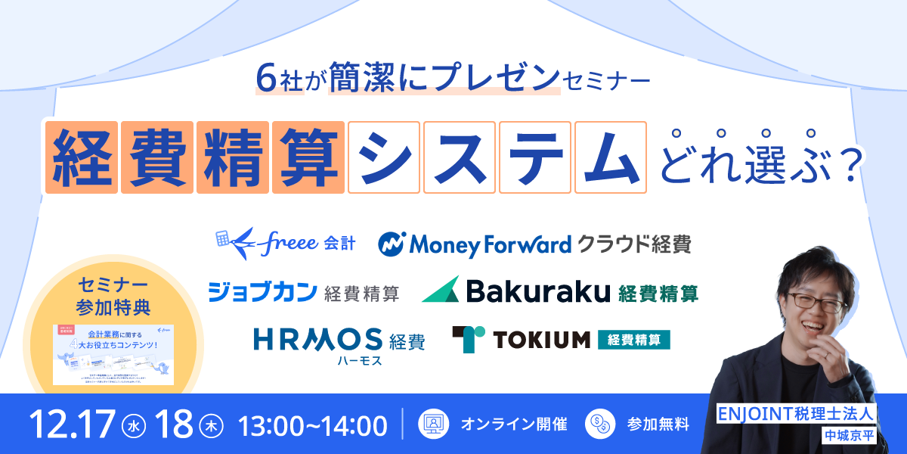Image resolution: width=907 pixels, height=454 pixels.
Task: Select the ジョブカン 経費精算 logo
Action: [x=303, y=292]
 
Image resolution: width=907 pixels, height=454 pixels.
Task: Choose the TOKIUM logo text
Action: [x=541, y=340]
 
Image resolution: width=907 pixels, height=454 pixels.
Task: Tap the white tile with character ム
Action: [x=610, y=157]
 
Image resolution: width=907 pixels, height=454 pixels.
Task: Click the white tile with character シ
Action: [x=383, y=157]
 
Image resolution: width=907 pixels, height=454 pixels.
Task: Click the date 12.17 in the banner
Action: [x=72, y=425]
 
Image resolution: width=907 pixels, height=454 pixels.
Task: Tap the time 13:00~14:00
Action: [x=313, y=425]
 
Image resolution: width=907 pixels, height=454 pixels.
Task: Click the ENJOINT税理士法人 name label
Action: [x=797, y=414]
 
